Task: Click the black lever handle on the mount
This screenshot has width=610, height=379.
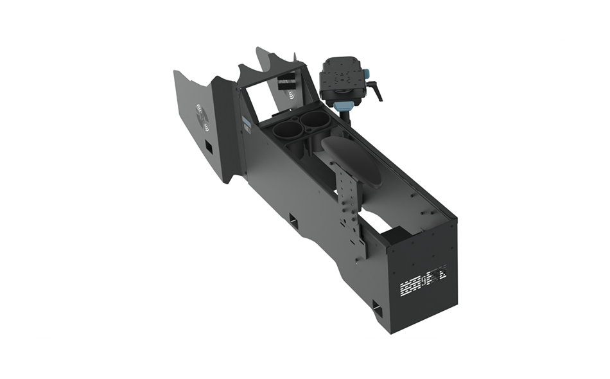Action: click(x=375, y=93)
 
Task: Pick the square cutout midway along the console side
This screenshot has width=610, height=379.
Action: click(x=293, y=222)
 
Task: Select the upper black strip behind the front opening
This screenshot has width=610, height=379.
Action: click(x=287, y=76)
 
